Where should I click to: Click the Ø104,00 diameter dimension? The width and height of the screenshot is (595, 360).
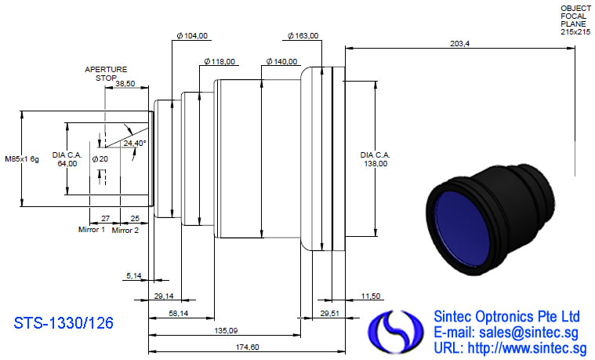click(192, 36)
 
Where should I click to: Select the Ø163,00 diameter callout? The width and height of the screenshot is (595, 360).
click(303, 36)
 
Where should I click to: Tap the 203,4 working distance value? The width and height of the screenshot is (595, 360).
click(459, 44)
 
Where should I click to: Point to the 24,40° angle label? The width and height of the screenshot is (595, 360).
click(135, 144)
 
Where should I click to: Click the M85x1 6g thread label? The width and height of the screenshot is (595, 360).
click(22, 159)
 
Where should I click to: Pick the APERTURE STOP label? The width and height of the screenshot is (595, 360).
click(106, 74)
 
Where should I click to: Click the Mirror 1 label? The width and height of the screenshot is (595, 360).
click(92, 229)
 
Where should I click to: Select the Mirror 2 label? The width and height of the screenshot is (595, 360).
click(125, 230)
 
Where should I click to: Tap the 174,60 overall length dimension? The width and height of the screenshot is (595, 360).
click(248, 347)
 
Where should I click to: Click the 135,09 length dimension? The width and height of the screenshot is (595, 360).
click(226, 330)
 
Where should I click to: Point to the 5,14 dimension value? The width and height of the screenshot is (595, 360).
click(133, 276)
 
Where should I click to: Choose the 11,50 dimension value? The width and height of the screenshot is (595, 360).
click(370, 296)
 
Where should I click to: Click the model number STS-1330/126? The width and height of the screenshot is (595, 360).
click(63, 323)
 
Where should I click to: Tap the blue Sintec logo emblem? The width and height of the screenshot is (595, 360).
click(395, 331)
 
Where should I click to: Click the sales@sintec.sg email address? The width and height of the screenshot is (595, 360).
click(528, 333)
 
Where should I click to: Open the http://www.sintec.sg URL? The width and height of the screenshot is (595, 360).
click(527, 348)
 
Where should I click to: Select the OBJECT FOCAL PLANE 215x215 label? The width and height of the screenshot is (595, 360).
click(575, 20)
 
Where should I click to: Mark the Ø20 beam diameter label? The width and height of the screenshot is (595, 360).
click(100, 159)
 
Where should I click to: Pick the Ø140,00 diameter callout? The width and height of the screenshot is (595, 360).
click(281, 61)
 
